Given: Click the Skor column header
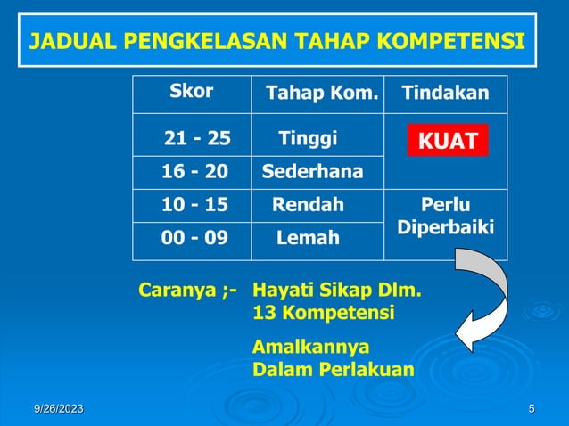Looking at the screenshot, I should [192, 93].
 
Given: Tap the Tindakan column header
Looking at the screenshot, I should [445, 94].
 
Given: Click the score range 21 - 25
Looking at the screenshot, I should [197, 138].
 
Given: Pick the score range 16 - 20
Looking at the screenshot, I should [194, 171].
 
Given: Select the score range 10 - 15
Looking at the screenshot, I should [194, 205].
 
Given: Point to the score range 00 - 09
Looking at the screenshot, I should [194, 238].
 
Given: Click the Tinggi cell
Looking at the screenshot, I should [308, 138].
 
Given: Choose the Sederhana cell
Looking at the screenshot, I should [312, 171].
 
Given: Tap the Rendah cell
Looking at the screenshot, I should [308, 205].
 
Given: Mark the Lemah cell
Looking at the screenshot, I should [308, 238].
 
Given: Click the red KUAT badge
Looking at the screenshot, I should [448, 141].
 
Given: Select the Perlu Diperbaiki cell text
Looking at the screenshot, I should [446, 216].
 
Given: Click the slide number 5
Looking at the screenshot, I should [532, 409].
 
